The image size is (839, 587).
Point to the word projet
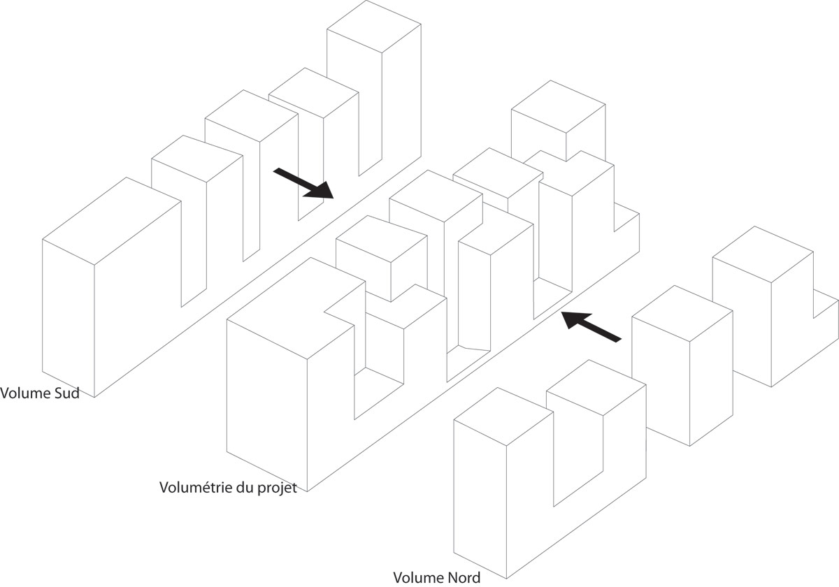pyautogui.click(x=280, y=487)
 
